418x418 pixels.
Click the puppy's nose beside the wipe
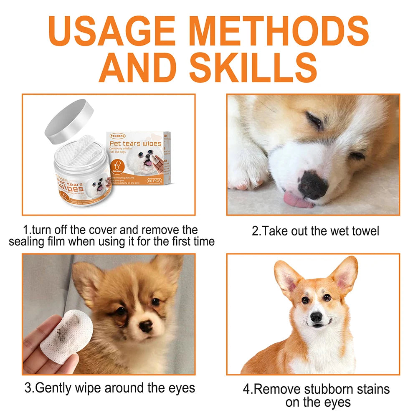pos(146,326)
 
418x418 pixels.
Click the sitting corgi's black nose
pos(316,317)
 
